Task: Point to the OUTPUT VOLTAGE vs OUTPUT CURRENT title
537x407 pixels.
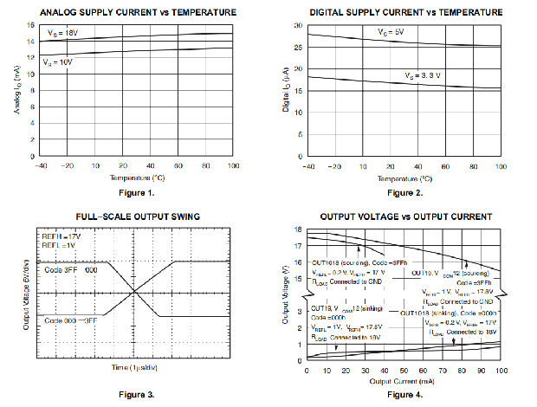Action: coord(405,216)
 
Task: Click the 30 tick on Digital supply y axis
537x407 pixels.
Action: coord(297,25)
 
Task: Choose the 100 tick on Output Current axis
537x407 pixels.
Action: coord(499,371)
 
